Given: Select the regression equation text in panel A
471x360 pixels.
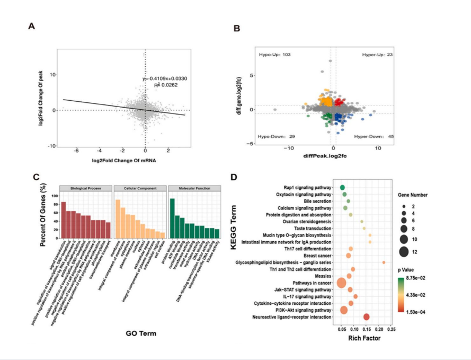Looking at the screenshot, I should [164, 78].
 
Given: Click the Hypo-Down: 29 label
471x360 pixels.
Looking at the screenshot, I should [277, 136].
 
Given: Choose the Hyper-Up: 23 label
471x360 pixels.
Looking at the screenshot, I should [377, 55].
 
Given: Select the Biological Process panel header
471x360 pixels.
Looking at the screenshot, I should [86, 188].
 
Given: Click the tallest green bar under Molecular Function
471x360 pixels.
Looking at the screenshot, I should [172, 219].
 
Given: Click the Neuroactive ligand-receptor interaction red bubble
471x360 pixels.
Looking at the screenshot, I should [367, 317].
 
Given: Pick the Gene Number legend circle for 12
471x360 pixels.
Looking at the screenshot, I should [404, 251].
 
